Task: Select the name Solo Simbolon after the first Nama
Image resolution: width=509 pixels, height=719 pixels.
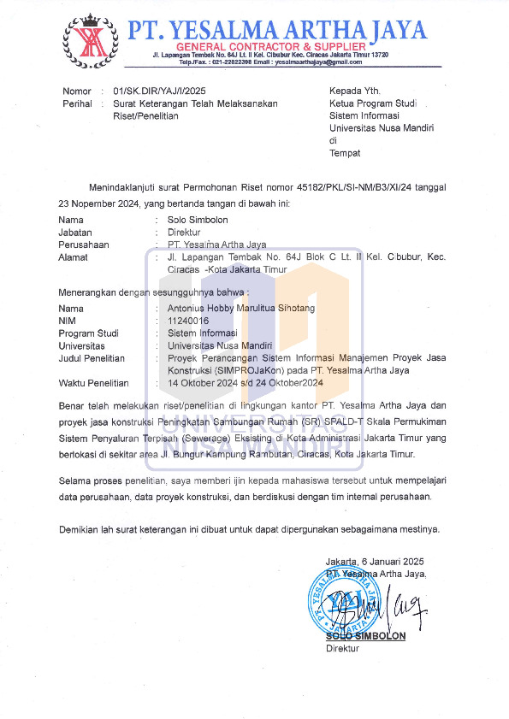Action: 198,220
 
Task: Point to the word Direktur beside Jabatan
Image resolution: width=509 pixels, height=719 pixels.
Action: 184,232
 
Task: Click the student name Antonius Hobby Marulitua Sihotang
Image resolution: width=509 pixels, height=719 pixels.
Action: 241,308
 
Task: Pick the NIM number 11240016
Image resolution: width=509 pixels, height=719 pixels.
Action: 188,321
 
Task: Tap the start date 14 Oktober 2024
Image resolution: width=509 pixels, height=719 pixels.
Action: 203,383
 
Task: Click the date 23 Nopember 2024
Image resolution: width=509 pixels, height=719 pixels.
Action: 98,203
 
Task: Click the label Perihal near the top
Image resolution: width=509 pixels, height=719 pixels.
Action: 77,103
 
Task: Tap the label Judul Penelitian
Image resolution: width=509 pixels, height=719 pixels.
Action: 92,358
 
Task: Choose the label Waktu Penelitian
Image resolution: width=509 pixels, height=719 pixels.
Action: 93,383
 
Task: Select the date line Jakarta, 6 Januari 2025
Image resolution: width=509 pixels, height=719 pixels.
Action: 374,561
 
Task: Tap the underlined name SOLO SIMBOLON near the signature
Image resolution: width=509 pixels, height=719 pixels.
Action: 365,636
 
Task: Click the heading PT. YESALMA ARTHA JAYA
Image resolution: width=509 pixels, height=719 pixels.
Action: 277,31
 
